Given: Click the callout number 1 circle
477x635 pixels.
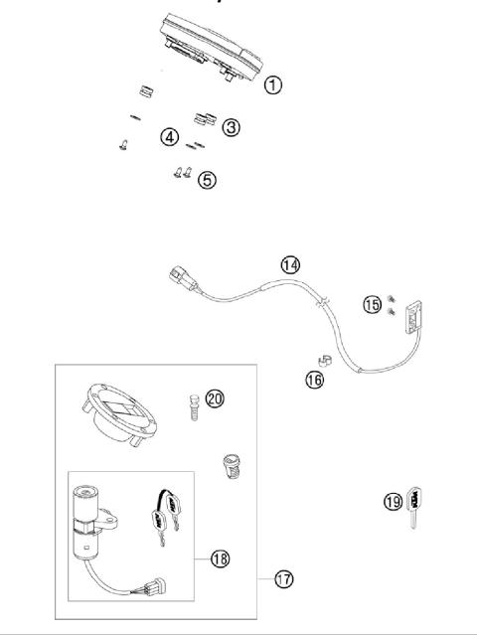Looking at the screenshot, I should (x=272, y=85).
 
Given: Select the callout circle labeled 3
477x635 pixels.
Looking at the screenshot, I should (x=231, y=127).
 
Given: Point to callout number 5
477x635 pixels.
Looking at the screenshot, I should (x=206, y=180).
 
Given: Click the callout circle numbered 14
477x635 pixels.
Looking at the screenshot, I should (x=289, y=264).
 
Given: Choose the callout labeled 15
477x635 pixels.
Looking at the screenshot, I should (x=372, y=304).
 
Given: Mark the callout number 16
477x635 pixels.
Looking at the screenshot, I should (x=314, y=380).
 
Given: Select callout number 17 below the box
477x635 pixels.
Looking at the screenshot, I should (x=283, y=577).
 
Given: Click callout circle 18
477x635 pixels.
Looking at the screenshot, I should (x=220, y=559).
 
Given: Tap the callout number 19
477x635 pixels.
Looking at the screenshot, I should (x=394, y=502).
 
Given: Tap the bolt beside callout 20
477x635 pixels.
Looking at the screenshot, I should (x=193, y=405).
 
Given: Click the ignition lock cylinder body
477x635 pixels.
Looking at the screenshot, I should (x=87, y=518).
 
